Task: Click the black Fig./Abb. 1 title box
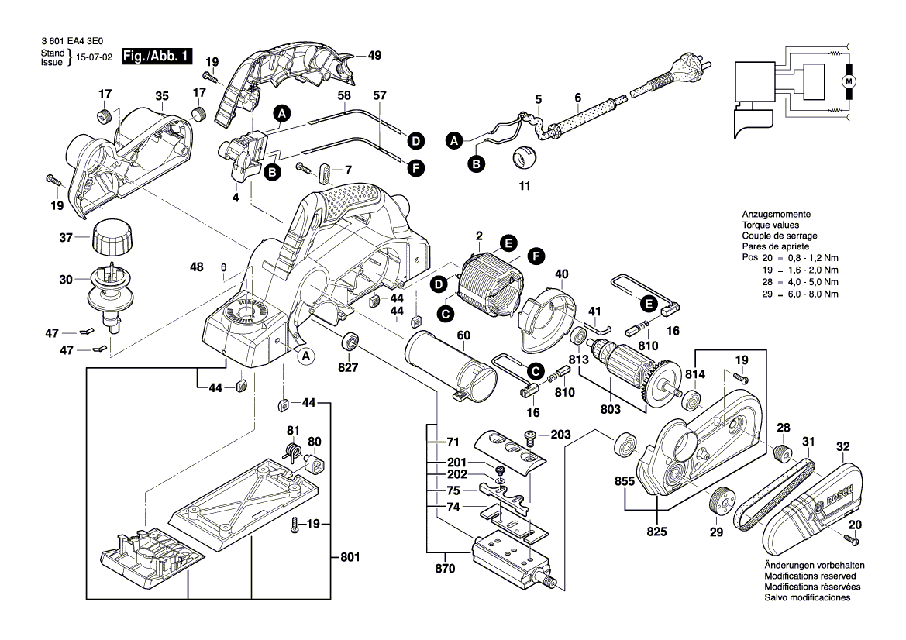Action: tap(157, 58)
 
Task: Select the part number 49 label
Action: tap(374, 56)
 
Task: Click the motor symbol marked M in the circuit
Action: tap(848, 81)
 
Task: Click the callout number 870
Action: tap(445, 569)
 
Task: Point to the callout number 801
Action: tap(350, 556)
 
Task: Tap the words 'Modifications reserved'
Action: tap(810, 576)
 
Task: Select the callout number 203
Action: tap(561, 435)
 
